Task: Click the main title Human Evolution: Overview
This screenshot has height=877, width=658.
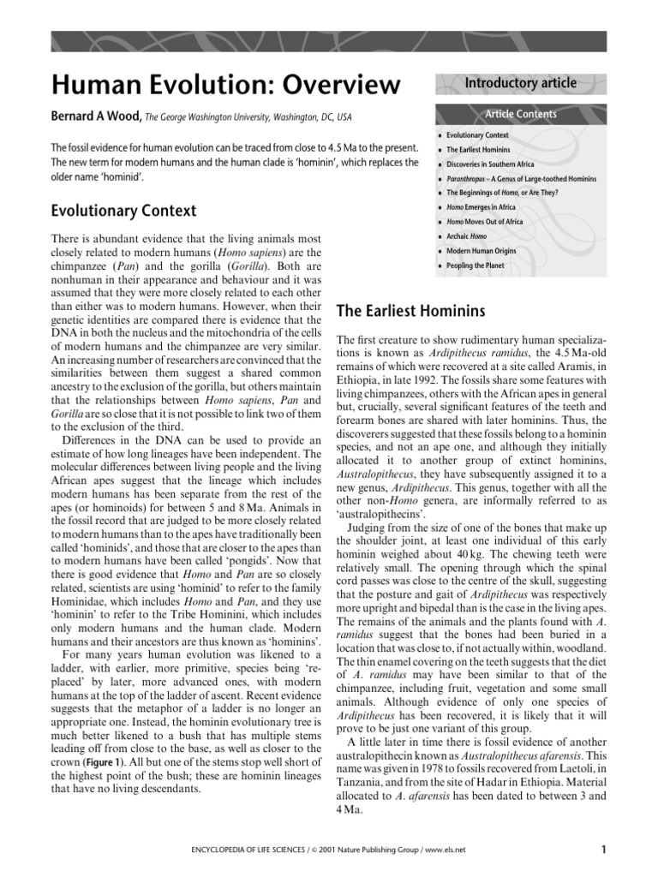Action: click(226, 86)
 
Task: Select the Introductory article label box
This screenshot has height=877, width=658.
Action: click(520, 83)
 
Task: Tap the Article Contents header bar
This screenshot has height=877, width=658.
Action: click(520, 114)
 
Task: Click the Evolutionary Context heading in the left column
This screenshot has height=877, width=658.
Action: click(123, 211)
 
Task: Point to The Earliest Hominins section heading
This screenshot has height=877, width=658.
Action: click(411, 310)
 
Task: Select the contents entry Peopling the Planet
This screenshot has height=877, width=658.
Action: click(476, 265)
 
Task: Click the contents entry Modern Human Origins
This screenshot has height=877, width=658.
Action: click(483, 251)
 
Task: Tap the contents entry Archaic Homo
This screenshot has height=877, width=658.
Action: click(469, 236)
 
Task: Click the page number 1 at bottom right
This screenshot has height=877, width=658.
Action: click(604, 850)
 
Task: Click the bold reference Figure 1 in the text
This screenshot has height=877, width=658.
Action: click(107, 761)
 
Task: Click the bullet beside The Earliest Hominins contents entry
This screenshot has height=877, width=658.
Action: click(440, 150)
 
